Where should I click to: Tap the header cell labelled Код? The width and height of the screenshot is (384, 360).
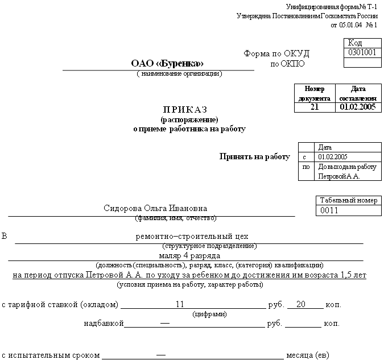point(354,43)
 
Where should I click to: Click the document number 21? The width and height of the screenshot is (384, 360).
point(315,107)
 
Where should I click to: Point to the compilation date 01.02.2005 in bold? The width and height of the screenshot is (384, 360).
point(357,107)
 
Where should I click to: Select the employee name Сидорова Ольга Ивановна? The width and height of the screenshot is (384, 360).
point(156,208)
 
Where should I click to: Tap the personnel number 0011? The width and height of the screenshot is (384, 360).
point(329,210)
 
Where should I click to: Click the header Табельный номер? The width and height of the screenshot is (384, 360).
point(347,201)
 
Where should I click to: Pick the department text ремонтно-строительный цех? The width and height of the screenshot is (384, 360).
point(192,236)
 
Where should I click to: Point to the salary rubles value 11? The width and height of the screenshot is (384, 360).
point(180,304)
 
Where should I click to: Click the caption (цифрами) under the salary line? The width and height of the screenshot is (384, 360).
point(210,313)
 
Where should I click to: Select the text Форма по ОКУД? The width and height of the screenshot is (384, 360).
point(276,53)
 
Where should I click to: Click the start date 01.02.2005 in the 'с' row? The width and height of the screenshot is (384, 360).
point(333,157)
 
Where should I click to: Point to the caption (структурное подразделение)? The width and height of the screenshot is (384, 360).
point(209,246)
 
